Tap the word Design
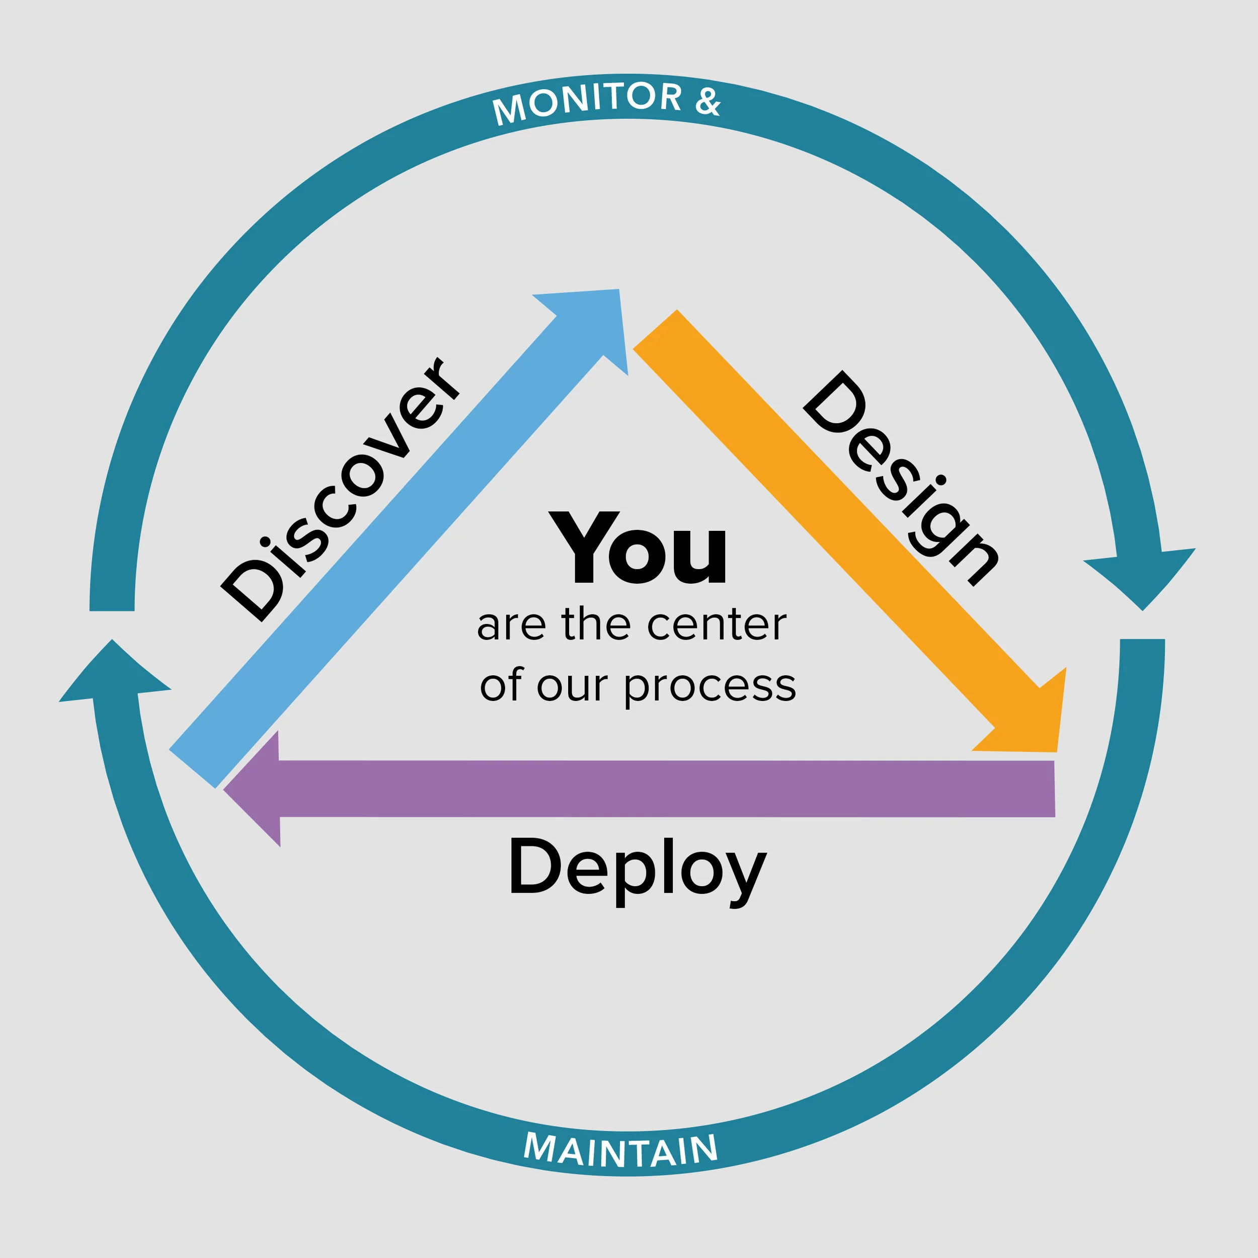coord(901,479)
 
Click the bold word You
coord(638,548)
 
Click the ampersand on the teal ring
coord(708,102)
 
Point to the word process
coord(710,687)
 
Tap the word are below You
coord(511,626)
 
